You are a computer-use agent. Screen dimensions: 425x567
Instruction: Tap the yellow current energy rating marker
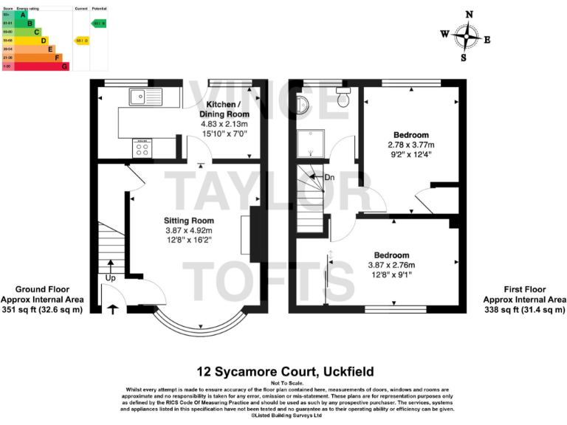(x=82, y=41)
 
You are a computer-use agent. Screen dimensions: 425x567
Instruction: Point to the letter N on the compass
(x=469, y=14)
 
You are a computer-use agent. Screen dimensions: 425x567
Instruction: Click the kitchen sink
(x=139, y=96)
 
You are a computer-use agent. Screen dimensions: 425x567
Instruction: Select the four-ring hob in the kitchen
(x=143, y=148)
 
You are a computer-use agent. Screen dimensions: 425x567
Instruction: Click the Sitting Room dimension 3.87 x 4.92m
(x=189, y=231)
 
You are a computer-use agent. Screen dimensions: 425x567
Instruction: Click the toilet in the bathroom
(x=342, y=97)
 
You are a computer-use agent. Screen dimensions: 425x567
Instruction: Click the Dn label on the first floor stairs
(x=329, y=178)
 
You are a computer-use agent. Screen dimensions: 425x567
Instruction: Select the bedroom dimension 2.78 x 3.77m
(x=410, y=145)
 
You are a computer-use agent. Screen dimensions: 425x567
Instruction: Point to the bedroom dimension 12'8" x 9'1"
(x=391, y=275)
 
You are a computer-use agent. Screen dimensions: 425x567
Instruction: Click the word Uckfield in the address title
(x=346, y=371)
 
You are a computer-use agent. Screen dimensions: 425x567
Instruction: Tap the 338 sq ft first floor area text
(x=524, y=310)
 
